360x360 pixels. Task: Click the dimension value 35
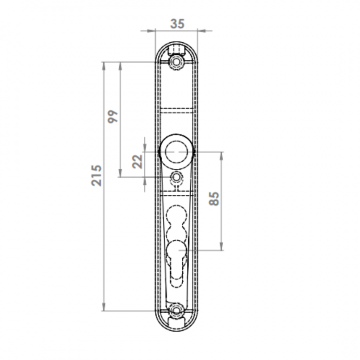click(x=177, y=24)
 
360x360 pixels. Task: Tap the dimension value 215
click(x=96, y=175)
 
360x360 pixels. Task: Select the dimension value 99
click(x=113, y=117)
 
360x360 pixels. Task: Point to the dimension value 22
click(x=138, y=162)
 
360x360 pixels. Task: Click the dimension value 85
click(x=214, y=198)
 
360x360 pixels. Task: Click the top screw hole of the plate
click(x=176, y=62)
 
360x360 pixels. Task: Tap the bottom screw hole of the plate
click(x=176, y=311)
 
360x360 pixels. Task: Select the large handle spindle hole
click(x=176, y=152)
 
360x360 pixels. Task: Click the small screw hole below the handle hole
click(x=176, y=177)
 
